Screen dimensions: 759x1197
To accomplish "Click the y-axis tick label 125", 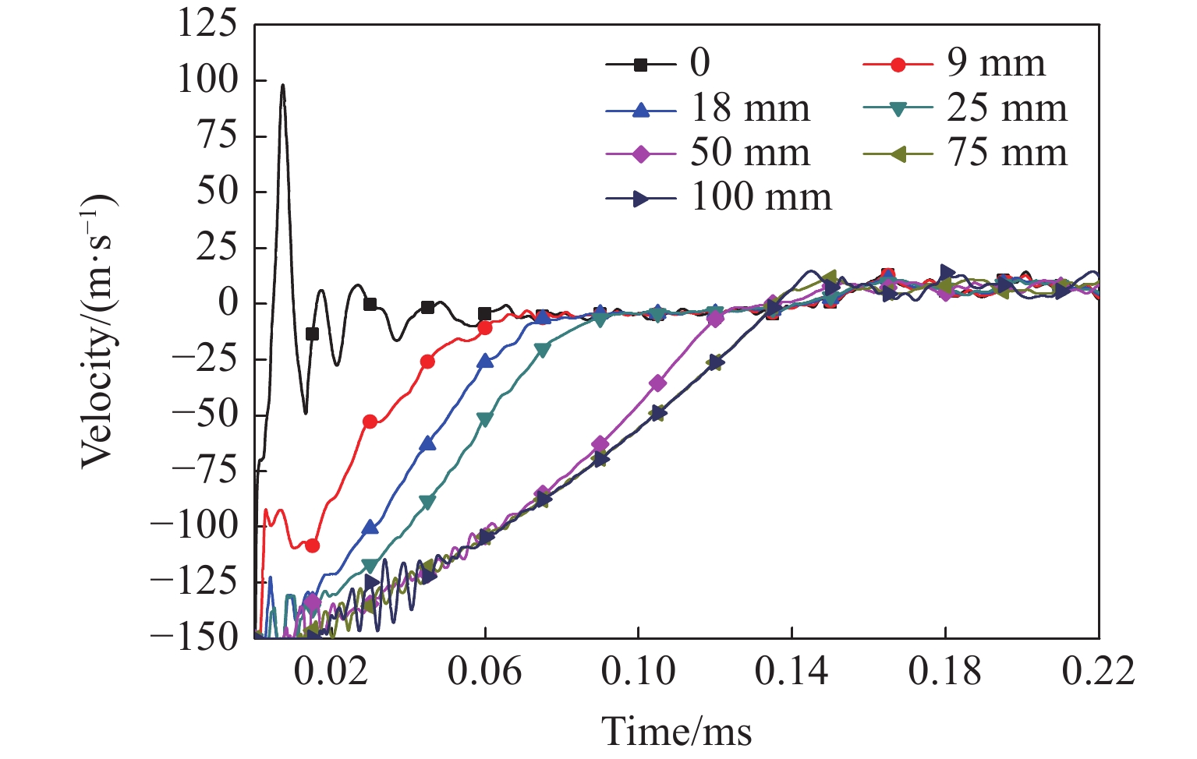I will click(207, 24).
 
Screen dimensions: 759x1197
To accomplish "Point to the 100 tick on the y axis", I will click(207, 80).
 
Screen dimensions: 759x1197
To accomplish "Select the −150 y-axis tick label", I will click(195, 637).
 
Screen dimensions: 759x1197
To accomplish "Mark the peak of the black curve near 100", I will click(283, 85).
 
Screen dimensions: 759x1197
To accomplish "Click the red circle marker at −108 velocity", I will click(312, 545).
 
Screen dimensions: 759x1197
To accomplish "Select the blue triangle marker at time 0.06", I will click(485, 361).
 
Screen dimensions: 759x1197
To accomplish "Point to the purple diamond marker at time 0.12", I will click(715, 318).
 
